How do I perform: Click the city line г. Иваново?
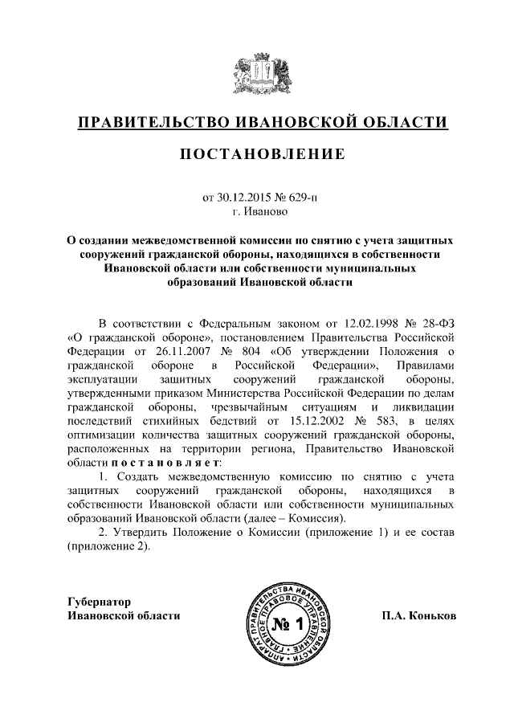pyautogui.click(x=257, y=212)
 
